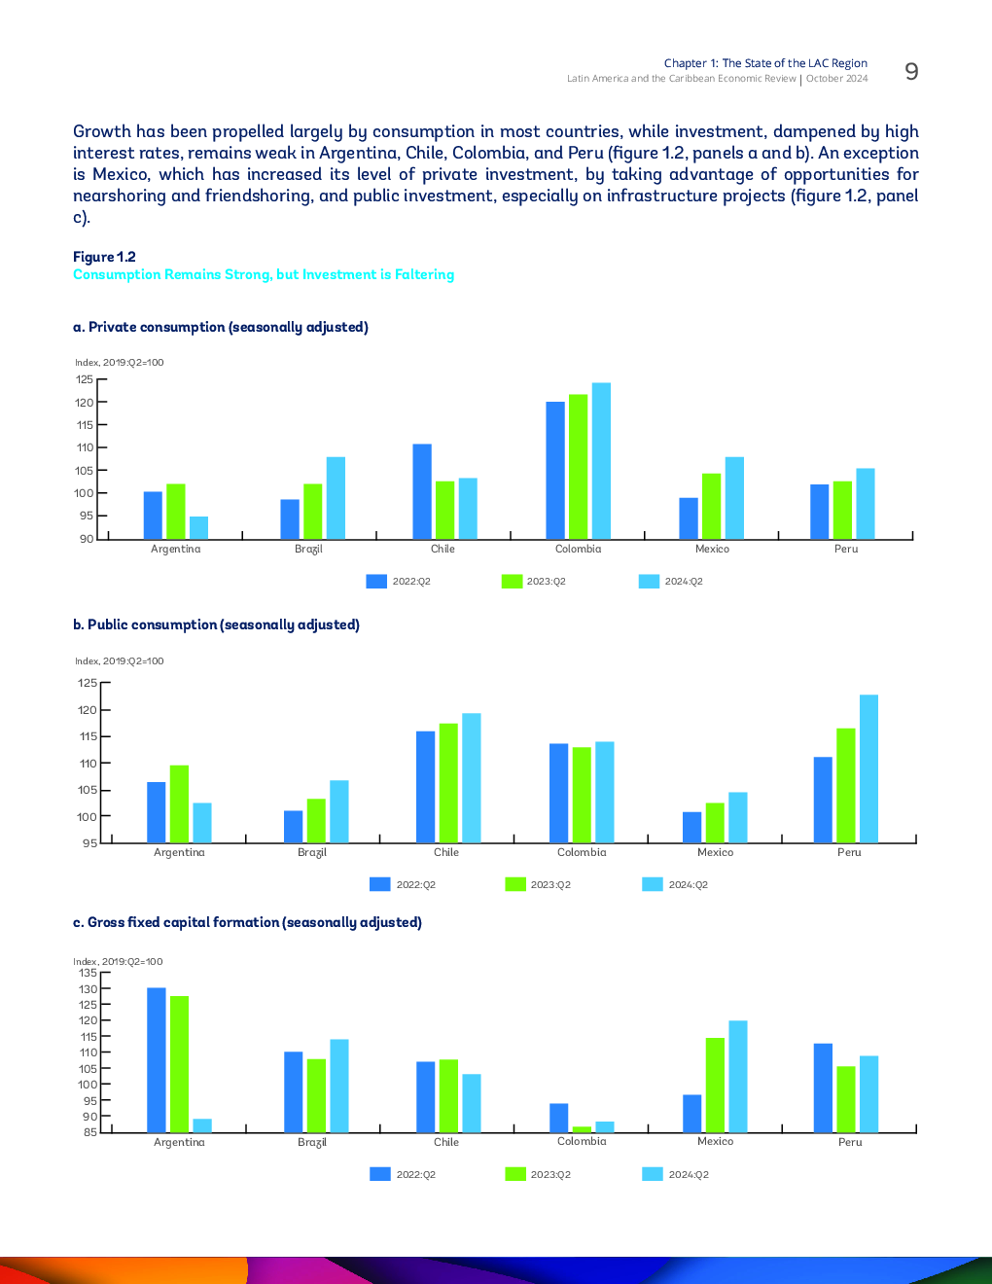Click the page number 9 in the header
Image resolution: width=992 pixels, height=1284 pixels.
point(911,72)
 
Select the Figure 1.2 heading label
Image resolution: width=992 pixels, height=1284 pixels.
point(104,257)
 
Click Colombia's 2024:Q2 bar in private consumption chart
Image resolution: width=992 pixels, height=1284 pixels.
point(601,461)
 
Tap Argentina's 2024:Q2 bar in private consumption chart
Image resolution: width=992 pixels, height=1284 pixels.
point(198,527)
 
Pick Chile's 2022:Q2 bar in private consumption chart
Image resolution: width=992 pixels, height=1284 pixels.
point(422,491)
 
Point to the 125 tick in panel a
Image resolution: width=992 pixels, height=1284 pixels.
point(85,379)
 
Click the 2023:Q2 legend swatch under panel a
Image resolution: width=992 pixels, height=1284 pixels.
point(512,582)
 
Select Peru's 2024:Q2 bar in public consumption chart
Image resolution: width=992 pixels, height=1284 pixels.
point(868,768)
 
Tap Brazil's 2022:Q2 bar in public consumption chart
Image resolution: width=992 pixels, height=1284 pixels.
point(293,827)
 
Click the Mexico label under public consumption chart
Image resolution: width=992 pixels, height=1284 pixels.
point(715,852)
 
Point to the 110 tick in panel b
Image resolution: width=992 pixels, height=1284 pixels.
point(88,764)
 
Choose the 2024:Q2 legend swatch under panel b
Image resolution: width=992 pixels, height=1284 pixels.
point(653,884)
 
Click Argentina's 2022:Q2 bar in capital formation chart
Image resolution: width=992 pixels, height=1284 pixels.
point(157,1060)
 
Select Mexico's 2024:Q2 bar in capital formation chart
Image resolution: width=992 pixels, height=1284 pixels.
point(738,1077)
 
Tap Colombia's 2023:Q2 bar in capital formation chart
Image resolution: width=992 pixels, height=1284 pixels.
point(582,1129)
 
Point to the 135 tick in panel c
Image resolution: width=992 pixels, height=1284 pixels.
point(89,973)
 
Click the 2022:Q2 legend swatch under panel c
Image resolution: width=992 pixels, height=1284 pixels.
point(380,1174)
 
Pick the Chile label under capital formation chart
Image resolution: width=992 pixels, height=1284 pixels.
point(446,1142)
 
